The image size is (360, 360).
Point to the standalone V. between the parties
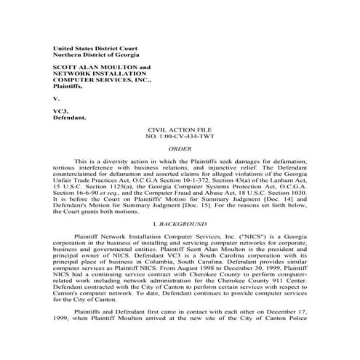click(57, 97)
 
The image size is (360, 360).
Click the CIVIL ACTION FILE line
click(180, 129)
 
